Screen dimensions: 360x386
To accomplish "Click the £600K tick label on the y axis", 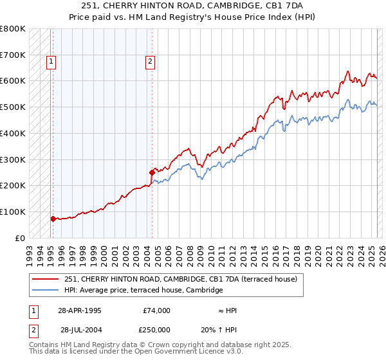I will coord(13,81).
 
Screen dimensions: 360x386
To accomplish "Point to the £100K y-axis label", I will coord(13,212).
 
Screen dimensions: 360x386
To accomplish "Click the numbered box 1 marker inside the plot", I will coord(51,62).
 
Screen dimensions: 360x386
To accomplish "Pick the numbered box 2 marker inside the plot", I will coord(150,62).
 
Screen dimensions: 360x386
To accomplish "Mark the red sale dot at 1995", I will coord(53,219).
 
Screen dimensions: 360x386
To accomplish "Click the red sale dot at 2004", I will coord(152,172).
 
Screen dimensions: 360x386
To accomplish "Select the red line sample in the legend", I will coord(46,280).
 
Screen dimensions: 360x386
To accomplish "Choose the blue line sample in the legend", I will coord(46,291).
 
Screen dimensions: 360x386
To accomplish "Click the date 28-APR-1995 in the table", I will coord(79,310).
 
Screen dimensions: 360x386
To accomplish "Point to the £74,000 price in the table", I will coord(156,310).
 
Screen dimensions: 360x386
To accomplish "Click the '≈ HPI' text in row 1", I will coord(227,310).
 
